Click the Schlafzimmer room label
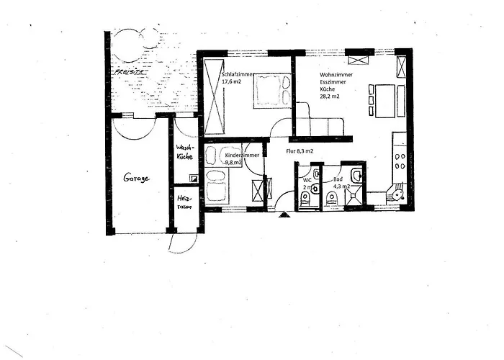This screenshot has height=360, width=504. (238, 74)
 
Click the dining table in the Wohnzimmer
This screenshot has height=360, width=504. (385, 100)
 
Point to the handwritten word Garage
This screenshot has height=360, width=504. (135, 178)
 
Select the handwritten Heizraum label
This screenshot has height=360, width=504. (184, 202)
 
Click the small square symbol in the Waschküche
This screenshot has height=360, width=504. (192, 178)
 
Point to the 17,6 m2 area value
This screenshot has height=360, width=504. (232, 82)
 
